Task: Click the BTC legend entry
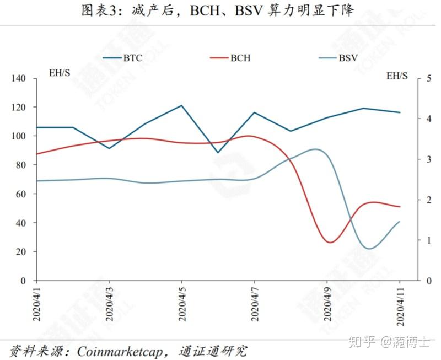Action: (x=122, y=58)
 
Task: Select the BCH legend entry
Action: (x=230, y=58)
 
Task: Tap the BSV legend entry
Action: (x=338, y=58)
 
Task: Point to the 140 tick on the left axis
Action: (x=18, y=78)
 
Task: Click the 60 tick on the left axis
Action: (x=21, y=194)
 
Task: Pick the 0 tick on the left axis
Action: (x=23, y=281)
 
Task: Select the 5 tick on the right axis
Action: (x=429, y=78)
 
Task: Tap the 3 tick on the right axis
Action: (x=429, y=159)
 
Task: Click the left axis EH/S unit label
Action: (x=60, y=73)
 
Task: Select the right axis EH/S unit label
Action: (x=397, y=76)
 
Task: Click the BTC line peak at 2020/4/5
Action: (x=182, y=105)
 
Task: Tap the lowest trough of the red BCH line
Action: (x=330, y=242)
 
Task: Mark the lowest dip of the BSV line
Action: (x=369, y=249)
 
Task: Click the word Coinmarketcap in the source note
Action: (x=120, y=352)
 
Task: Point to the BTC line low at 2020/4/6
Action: (x=218, y=153)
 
